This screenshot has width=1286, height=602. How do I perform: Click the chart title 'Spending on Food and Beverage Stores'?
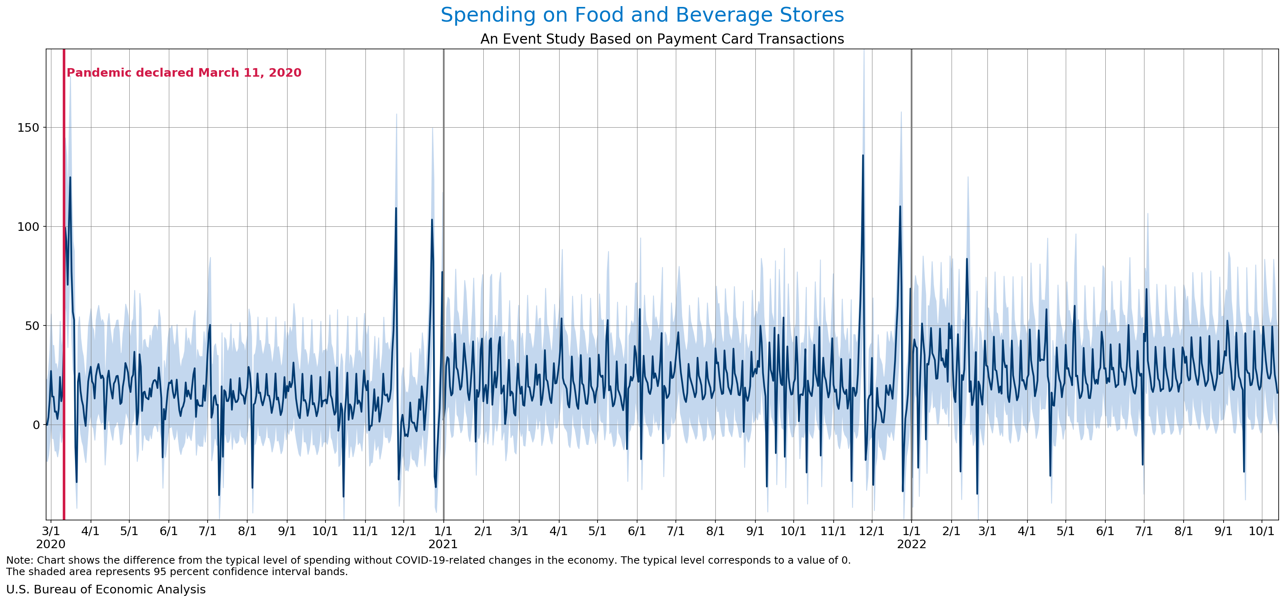coord(642,15)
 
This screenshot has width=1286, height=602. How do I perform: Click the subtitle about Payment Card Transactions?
coord(662,39)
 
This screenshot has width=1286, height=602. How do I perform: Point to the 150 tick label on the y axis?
coord(28,128)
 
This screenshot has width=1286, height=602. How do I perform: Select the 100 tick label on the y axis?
coord(28,227)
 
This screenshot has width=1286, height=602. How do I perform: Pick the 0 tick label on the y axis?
coord(36,425)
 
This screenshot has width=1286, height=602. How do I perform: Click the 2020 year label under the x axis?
coord(51,544)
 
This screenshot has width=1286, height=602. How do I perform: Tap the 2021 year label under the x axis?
coord(443,544)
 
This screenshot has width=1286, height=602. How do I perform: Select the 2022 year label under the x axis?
coord(912,544)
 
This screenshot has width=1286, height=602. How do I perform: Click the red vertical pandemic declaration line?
coord(64,299)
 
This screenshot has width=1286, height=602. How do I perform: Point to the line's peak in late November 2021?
coord(863,156)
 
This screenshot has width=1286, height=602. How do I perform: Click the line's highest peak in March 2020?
coord(70,178)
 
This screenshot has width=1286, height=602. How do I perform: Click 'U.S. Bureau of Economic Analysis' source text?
coord(106,589)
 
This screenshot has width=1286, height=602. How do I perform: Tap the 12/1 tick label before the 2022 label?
coord(872,531)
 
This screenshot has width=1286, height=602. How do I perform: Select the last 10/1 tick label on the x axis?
coord(1262,531)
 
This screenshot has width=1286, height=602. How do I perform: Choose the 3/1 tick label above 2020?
coord(51,531)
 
